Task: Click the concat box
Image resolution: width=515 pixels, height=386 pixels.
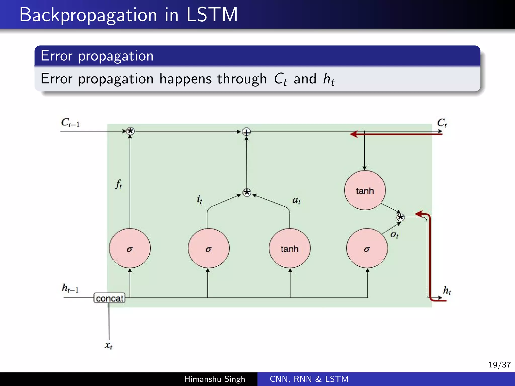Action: coord(109,298)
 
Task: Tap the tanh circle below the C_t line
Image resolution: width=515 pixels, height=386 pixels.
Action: coord(365,190)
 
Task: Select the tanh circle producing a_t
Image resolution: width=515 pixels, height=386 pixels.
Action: coord(289,248)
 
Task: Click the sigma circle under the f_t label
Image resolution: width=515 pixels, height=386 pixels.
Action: coord(130,248)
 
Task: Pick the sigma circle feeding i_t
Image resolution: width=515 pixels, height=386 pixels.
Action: coord(208,248)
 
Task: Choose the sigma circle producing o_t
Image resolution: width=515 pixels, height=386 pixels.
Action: coord(367,248)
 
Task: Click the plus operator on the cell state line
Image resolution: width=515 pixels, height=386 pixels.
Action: coord(246,132)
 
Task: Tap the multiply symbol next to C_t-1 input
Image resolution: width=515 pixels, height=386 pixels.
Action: coord(130,131)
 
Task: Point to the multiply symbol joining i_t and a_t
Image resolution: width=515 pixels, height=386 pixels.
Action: coord(247,193)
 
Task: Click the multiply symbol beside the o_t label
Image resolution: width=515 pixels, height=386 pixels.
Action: coord(400,217)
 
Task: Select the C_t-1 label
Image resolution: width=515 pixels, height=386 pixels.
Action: coord(70,123)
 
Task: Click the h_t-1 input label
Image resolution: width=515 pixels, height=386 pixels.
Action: coord(70,288)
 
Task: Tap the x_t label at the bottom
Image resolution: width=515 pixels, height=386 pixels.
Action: coord(108,345)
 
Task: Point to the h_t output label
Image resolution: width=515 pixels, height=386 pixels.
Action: coord(447,290)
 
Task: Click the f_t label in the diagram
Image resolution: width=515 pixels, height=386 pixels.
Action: coord(118,184)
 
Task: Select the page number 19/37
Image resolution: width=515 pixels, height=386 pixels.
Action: coord(499,365)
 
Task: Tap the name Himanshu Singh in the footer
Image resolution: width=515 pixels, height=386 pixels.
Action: coord(214,379)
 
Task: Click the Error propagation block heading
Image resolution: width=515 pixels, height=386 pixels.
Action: coord(97,56)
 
